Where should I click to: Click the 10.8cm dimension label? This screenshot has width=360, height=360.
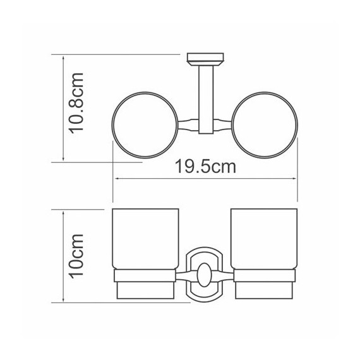[x=76, y=104]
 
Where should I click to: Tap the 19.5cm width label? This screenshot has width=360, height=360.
[x=205, y=167]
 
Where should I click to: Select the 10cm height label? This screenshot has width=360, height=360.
[x=76, y=256]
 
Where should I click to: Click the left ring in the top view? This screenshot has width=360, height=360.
[x=112, y=125]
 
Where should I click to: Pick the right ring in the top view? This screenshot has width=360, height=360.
[x=297, y=125]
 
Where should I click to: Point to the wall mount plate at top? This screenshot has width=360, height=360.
[x=205, y=59]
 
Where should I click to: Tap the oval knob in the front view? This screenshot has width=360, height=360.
[x=204, y=275]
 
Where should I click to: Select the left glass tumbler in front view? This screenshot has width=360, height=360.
[x=145, y=239]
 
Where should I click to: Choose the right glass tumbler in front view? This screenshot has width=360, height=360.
[x=264, y=239]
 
